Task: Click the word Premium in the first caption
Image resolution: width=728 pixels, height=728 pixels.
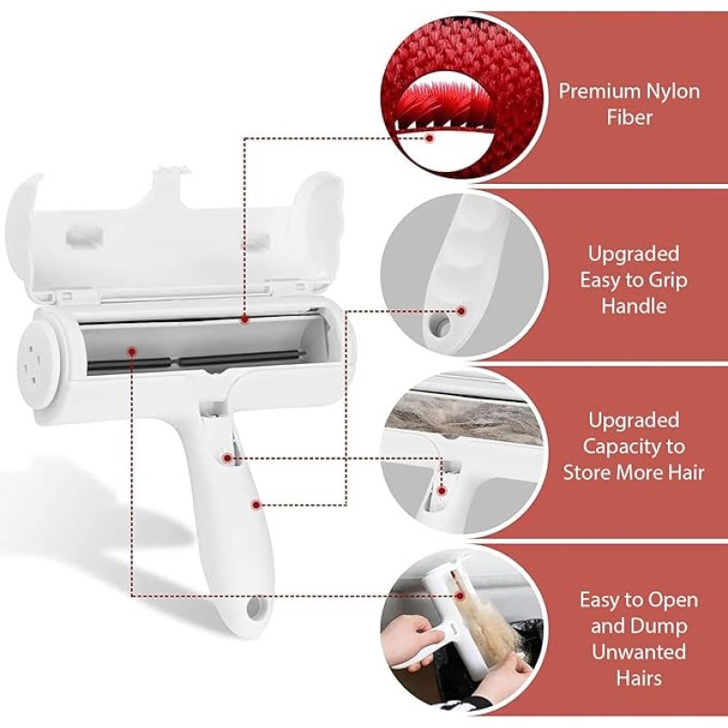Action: click(x=595, y=91)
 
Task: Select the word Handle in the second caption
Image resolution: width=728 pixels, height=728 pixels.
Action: click(x=633, y=306)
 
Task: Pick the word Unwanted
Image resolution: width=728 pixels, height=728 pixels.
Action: click(x=633, y=652)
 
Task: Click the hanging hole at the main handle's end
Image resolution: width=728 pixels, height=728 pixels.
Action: click(x=250, y=605)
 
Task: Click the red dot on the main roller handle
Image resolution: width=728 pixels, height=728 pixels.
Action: click(x=257, y=501)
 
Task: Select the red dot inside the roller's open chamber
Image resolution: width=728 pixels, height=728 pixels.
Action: click(x=133, y=349)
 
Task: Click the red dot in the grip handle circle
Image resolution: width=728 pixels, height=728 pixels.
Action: click(x=460, y=310)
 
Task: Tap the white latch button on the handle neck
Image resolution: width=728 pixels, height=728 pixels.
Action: click(x=225, y=452)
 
